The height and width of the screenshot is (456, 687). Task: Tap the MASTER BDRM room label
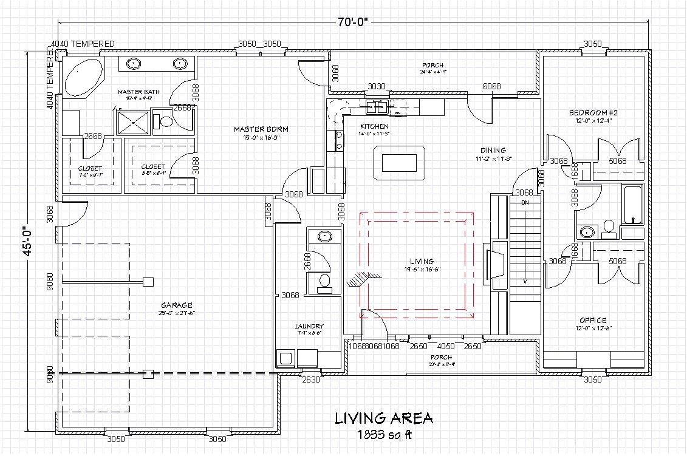pos(261,129)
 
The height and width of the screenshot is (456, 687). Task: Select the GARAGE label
pos(177,305)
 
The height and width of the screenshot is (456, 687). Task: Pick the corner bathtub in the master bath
pos(83,77)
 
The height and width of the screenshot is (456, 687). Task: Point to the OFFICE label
pos(593,320)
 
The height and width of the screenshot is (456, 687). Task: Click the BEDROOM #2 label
pos(593,113)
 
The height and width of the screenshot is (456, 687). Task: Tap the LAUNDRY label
pos(309,326)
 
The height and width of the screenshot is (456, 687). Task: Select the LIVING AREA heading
pos(384,418)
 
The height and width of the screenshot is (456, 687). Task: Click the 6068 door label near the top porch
pos(492,87)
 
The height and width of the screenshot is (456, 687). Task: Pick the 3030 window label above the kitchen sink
pos(377,87)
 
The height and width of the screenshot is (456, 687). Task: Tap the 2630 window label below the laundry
pos(312,380)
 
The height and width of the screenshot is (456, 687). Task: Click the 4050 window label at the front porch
pos(446,346)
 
